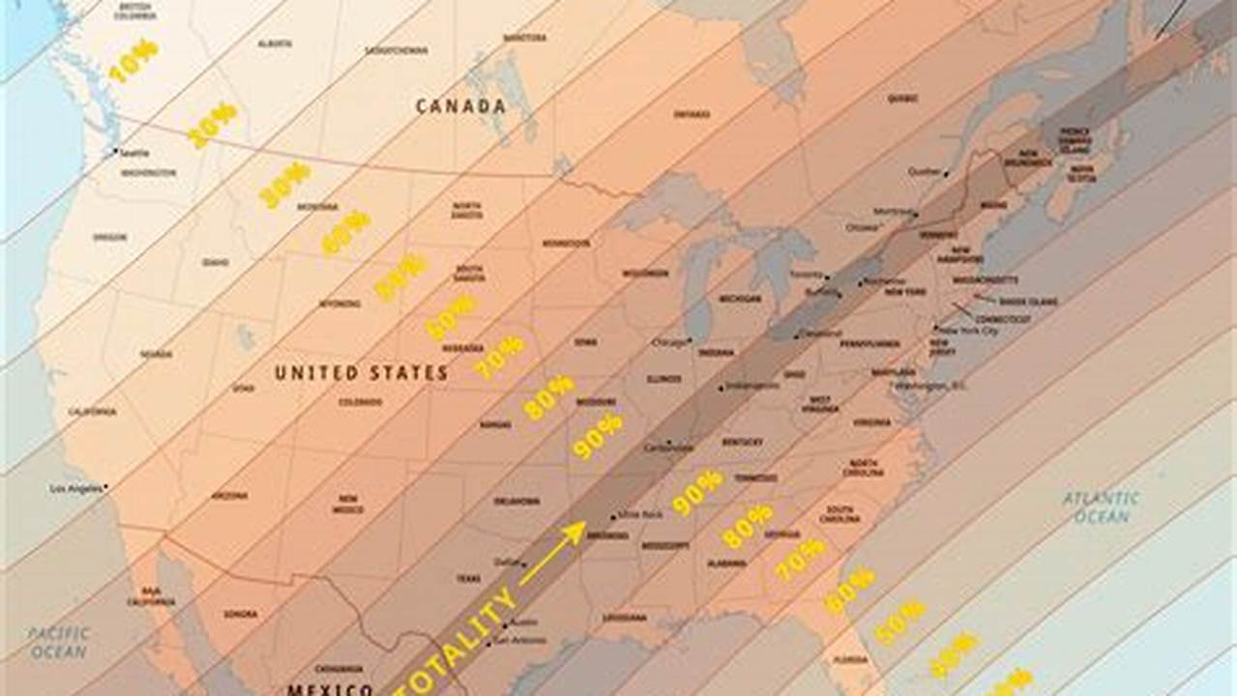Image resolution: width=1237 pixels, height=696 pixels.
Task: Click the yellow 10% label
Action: click(x=133, y=60)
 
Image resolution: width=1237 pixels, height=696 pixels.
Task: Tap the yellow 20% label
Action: click(x=212, y=125)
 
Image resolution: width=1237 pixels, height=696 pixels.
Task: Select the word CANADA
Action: click(x=460, y=106)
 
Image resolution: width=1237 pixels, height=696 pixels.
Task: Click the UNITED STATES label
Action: click(x=361, y=373)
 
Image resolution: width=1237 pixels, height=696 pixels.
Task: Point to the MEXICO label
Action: click(x=329, y=689)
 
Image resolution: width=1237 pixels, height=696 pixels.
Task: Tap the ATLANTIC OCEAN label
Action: click(x=1101, y=507)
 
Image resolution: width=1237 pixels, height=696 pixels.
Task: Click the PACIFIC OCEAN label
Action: click(x=59, y=643)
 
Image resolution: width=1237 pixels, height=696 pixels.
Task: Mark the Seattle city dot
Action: click(x=116, y=151)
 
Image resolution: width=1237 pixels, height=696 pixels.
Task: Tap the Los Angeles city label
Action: click(x=75, y=488)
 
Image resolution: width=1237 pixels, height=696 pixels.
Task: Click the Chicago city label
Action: click(x=669, y=342)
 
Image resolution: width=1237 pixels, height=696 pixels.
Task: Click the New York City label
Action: click(x=968, y=331)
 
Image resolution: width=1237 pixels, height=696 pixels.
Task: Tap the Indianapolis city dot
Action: click(x=721, y=388)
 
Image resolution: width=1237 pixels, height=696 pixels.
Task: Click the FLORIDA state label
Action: click(x=851, y=660)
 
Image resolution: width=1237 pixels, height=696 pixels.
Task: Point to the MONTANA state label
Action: click(x=317, y=207)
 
